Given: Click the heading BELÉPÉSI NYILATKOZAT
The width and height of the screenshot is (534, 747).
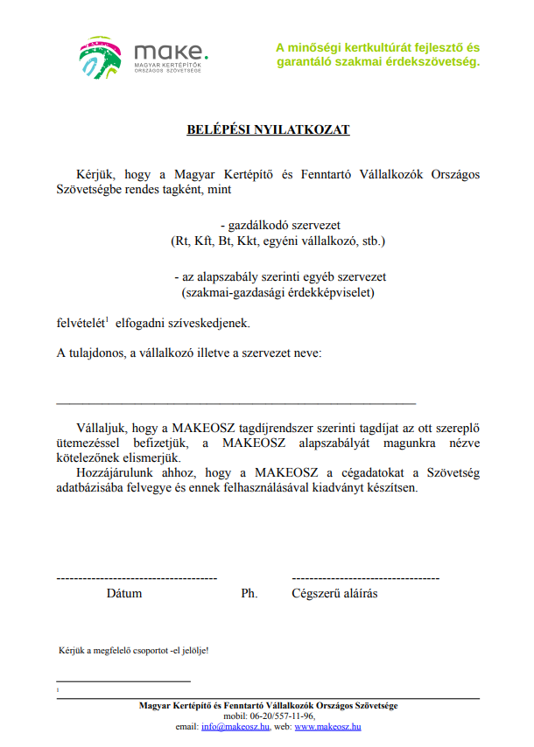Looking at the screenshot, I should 268,129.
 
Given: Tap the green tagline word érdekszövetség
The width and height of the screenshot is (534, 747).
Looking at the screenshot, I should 436,62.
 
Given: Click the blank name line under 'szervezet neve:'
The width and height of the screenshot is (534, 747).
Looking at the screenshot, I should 235,402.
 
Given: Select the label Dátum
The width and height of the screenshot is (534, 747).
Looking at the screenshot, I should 124,593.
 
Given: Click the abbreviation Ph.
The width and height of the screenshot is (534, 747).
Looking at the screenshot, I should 249,593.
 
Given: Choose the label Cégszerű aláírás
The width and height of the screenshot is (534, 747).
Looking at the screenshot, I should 334,593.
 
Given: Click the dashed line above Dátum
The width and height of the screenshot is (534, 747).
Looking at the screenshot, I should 136,579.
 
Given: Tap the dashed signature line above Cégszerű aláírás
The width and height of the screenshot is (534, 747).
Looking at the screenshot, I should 365,579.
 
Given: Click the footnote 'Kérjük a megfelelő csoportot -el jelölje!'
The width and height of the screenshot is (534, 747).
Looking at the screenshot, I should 133,651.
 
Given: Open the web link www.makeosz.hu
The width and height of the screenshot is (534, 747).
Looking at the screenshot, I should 328,726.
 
